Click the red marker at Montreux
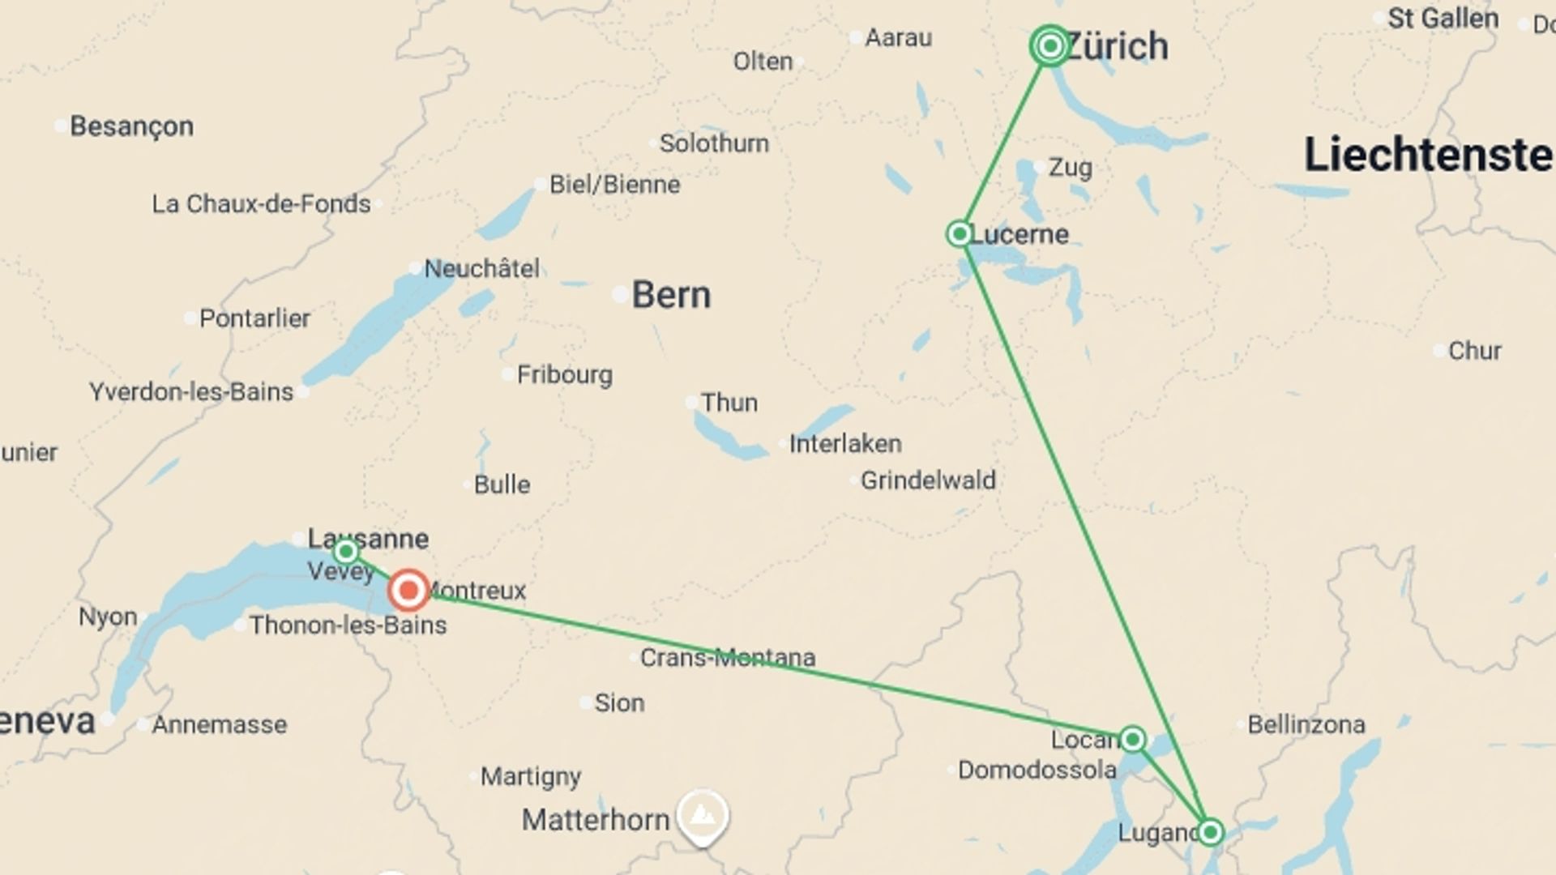coord(408,590)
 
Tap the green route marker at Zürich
coord(1049,46)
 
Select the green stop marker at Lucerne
coord(960,234)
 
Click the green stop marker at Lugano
coord(1210,832)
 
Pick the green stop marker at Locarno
coord(1132,739)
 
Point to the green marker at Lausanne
coord(346,553)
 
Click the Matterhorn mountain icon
coord(703,814)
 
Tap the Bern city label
coord(671,295)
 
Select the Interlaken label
coord(845,444)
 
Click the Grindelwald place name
coord(928,480)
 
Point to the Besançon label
coord(131,126)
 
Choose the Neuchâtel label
coord(481,268)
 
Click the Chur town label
coord(1474,351)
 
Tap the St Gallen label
coord(1443,19)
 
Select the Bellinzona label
coord(1306,724)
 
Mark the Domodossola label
coord(1037,770)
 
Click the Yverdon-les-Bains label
coord(191,392)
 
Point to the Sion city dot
coord(586,702)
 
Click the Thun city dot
coord(691,402)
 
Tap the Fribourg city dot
coord(507,374)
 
